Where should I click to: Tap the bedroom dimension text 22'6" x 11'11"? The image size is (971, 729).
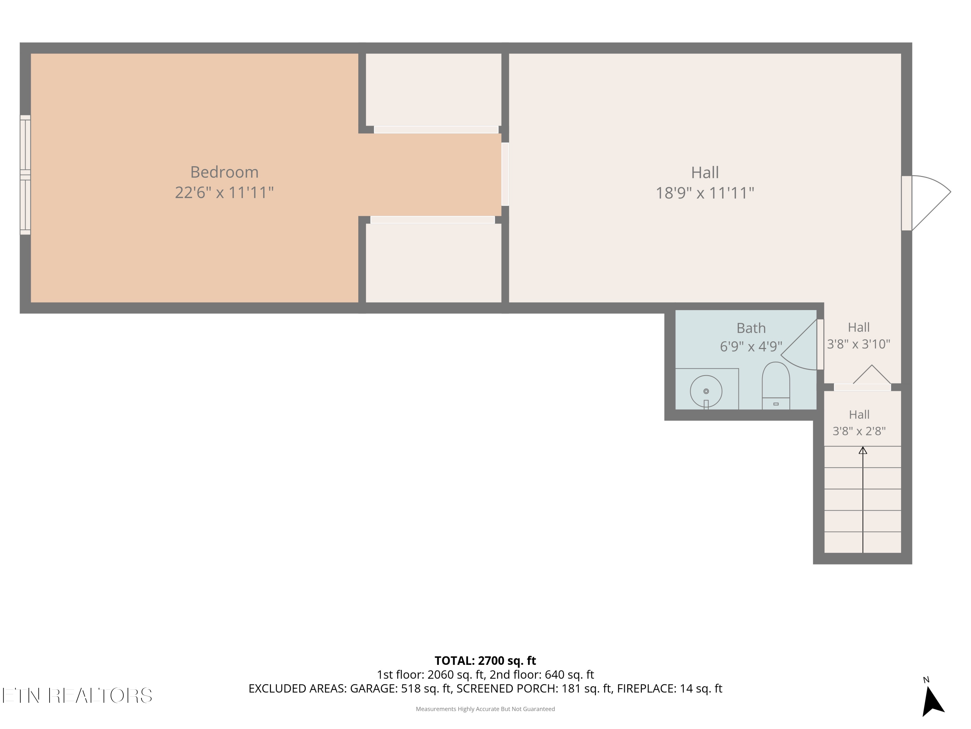click(x=224, y=192)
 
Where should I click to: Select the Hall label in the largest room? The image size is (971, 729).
click(x=705, y=172)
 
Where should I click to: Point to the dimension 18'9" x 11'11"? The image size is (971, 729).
click(x=705, y=193)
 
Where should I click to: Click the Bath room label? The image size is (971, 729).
click(x=751, y=328)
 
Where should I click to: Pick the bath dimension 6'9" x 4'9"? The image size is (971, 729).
click(x=751, y=346)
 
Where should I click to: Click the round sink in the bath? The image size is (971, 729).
click(x=706, y=391)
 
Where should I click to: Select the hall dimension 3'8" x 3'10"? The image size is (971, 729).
click(x=859, y=344)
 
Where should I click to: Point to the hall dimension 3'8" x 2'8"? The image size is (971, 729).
click(x=859, y=431)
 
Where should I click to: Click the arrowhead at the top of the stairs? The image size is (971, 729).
click(x=863, y=450)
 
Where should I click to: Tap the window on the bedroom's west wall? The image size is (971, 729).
click(x=25, y=175)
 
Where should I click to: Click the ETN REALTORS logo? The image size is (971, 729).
click(x=77, y=695)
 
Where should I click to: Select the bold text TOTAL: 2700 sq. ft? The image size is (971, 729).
click(x=485, y=660)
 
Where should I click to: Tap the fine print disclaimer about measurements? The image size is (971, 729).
click(x=485, y=709)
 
